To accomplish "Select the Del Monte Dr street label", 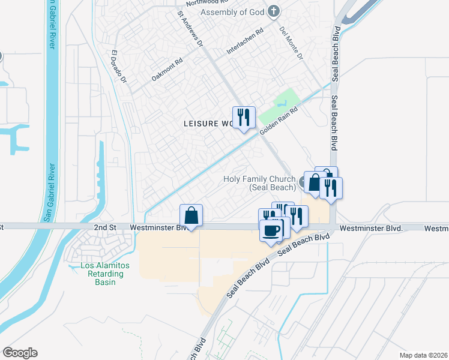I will click(291, 43).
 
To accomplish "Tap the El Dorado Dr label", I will click(119, 67).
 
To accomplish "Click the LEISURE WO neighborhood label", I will click(208, 123).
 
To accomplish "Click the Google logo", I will click(20, 353).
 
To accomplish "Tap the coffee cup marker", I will click(271, 230).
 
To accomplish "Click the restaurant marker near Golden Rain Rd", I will click(244, 118).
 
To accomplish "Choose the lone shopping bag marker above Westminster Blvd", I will click(191, 215).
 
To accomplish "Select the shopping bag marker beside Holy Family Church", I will click(315, 182).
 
